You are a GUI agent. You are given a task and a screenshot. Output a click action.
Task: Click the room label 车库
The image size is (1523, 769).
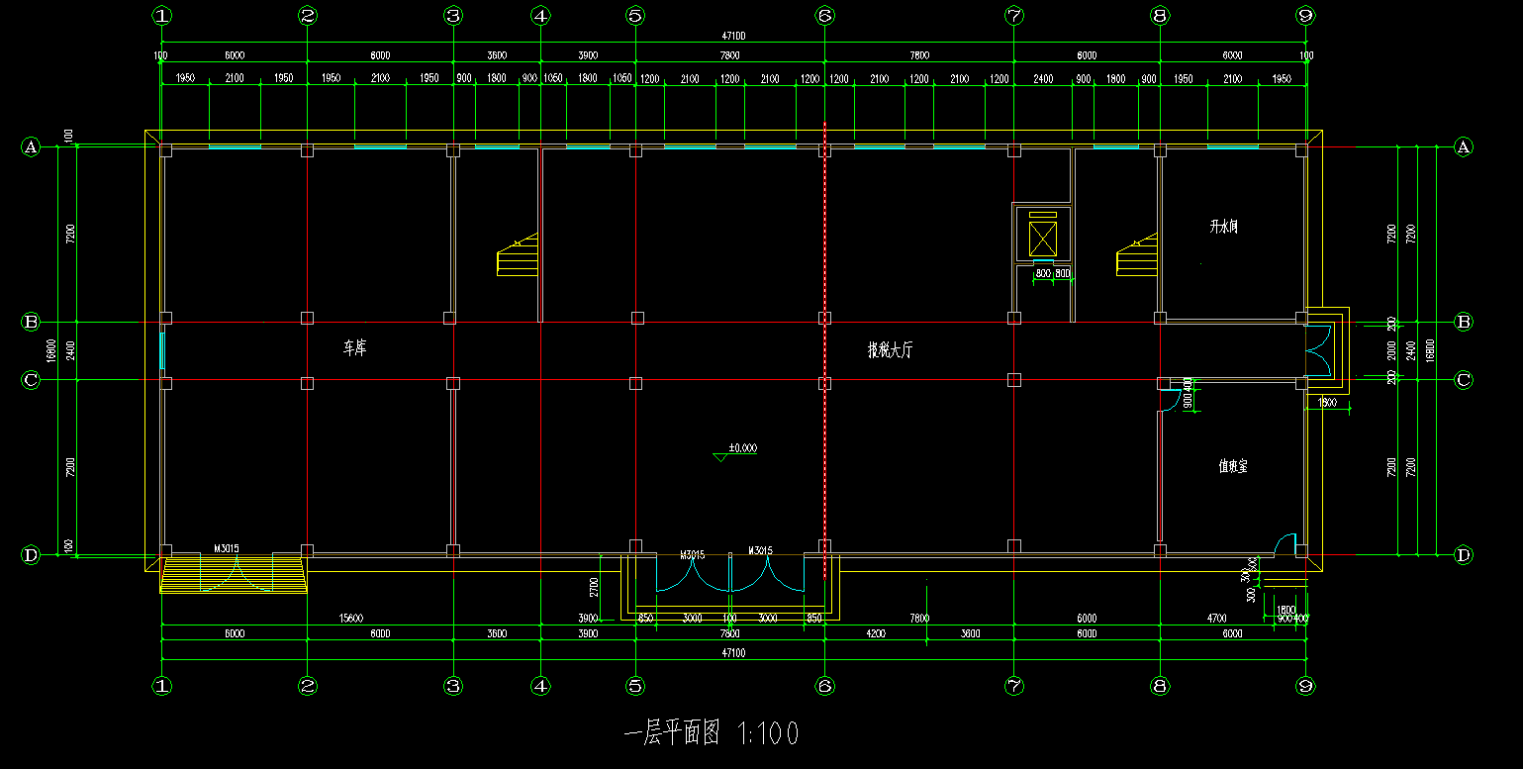[x=354, y=348]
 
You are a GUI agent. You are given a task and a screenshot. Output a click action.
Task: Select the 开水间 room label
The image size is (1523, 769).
[x=1223, y=227]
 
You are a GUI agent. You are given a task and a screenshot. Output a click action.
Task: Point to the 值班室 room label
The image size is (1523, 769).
[x=1232, y=465]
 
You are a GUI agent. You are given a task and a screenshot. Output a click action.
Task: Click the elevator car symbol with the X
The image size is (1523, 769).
[x=1043, y=239]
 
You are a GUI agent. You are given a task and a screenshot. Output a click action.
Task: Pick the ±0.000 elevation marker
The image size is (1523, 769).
[x=741, y=448]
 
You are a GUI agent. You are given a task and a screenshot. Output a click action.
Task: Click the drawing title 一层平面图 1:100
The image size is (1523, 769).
[x=712, y=733]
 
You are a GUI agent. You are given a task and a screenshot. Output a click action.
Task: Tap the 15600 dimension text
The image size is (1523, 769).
[x=350, y=619]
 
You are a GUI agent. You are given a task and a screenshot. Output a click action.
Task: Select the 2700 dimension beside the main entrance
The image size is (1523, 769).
[x=594, y=588]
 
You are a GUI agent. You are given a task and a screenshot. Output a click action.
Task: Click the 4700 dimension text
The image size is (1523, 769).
[x=1217, y=619]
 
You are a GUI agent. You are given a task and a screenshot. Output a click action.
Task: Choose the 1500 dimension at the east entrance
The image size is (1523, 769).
[x=1327, y=402]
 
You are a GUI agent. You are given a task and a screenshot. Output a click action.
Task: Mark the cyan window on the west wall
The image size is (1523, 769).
[x=162, y=350]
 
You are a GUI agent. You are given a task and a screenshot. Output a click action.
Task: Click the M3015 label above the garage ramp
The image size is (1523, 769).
[x=227, y=547]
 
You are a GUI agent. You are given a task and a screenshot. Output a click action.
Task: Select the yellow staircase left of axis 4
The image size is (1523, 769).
[x=517, y=257]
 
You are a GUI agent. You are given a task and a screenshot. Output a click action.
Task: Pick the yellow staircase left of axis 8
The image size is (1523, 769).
[x=1137, y=257]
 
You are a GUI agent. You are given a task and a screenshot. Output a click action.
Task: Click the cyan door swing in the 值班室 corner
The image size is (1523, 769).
[x=1285, y=543]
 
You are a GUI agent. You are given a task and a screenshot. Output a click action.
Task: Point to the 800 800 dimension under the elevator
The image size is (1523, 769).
[x=1052, y=273]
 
